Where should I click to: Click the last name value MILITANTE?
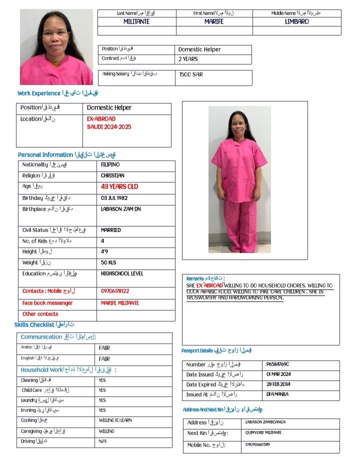pyautogui.click(x=136, y=21)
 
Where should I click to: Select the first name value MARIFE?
pyautogui.click(x=214, y=21)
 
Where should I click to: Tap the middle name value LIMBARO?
pyautogui.click(x=297, y=21)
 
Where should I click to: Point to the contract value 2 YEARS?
pyautogui.click(x=188, y=59)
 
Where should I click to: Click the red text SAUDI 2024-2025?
pyautogui.click(x=109, y=127)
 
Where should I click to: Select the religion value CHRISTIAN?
pyautogui.click(x=112, y=175)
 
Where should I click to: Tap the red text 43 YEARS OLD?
pyautogui.click(x=119, y=186)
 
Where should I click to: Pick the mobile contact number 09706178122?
pyautogui.click(x=115, y=291)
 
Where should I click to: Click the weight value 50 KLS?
pyautogui.click(x=108, y=262)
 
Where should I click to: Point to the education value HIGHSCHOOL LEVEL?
pyautogui.click(x=122, y=273)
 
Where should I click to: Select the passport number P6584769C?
pyautogui.click(x=278, y=364)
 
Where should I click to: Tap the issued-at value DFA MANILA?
pyautogui.click(x=277, y=394)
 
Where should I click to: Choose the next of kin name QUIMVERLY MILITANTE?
pyautogui.click(x=263, y=432)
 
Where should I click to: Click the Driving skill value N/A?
pyautogui.click(x=102, y=441)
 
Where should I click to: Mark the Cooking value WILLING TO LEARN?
pyautogui.click(x=115, y=420)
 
